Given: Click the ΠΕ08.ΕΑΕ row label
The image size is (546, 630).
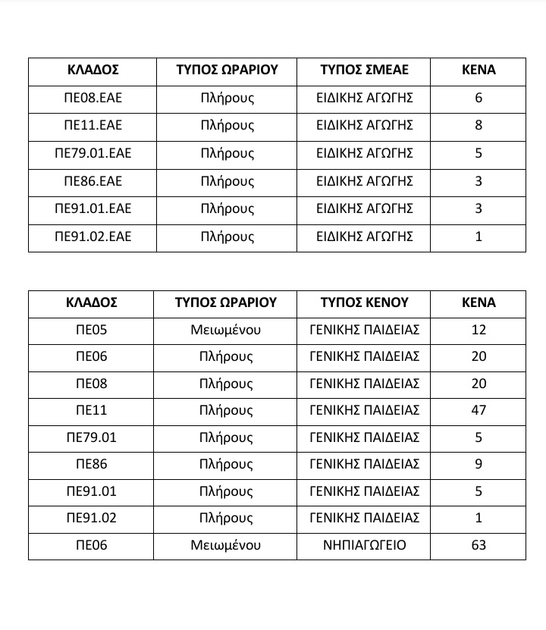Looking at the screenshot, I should (93, 98).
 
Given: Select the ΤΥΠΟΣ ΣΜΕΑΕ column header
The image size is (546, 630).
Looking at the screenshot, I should (364, 70).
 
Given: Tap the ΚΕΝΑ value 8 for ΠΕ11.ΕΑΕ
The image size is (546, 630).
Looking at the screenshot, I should (479, 125).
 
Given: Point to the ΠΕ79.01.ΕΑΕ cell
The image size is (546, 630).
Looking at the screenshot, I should (93, 153).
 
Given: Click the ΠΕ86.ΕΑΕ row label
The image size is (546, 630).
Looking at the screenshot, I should (93, 181).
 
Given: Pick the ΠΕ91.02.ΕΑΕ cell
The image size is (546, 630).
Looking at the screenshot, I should (93, 237).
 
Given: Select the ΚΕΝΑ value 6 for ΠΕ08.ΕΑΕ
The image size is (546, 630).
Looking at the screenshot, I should (479, 98).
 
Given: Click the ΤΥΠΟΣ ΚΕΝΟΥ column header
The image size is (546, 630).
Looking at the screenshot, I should (364, 302).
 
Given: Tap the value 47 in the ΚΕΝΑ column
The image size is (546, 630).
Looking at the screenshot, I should (479, 410).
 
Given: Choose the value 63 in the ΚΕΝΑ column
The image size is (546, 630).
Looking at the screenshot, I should (479, 545).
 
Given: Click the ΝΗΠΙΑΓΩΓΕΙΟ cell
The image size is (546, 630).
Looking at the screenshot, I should (364, 545).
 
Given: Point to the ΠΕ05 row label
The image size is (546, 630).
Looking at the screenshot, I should (92, 330).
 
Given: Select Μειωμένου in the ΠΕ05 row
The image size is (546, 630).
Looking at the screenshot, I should (226, 330).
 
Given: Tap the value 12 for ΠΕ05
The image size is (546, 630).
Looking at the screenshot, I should (479, 330).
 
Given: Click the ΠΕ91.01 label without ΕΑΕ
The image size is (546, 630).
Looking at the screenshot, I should (92, 491).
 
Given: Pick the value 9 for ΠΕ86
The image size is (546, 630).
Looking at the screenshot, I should (479, 464).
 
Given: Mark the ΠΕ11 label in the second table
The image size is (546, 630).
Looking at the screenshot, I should (92, 410).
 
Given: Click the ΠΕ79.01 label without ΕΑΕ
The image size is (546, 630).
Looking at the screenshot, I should (92, 437).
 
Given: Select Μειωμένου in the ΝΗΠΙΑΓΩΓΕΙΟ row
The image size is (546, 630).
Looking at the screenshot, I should (226, 545).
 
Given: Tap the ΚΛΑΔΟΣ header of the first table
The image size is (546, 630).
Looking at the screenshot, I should (93, 70).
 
